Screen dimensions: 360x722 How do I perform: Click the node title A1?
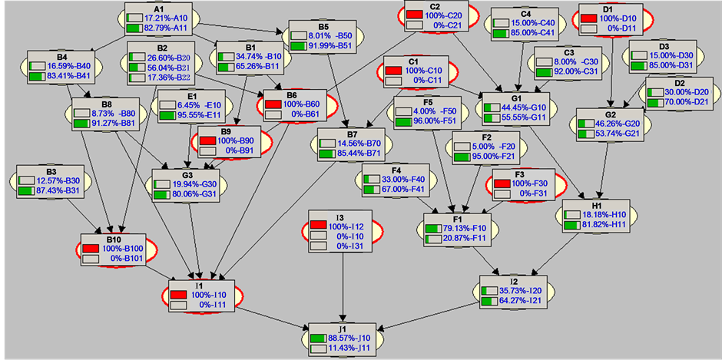click(x=159, y=8)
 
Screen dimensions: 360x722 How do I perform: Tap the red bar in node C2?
click(x=414, y=15)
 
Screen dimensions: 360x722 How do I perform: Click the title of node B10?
click(x=112, y=239)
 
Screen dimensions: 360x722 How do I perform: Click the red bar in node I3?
click(x=318, y=226)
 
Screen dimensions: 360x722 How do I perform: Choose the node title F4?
click(x=397, y=169)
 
